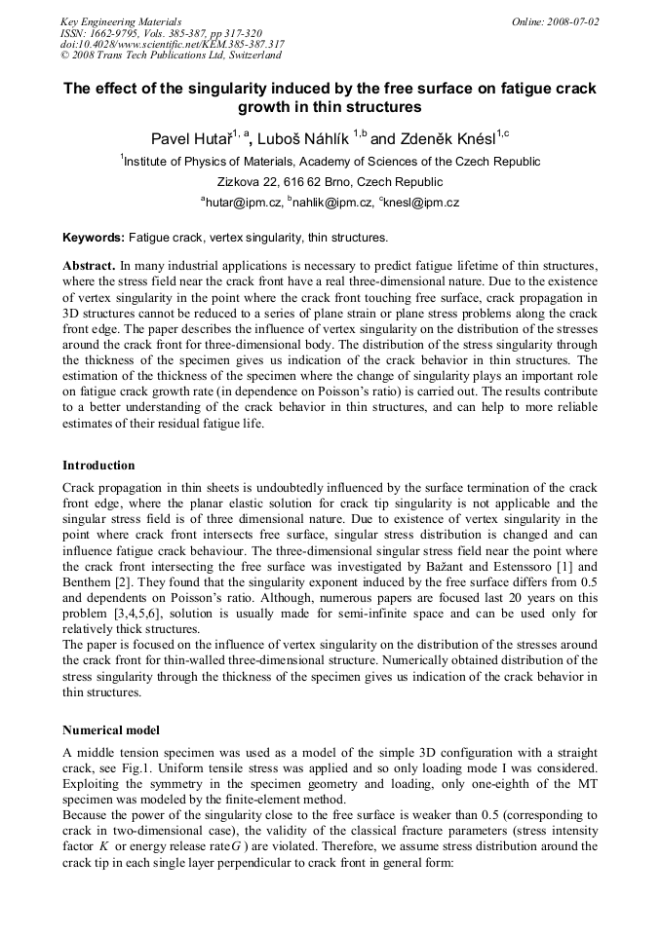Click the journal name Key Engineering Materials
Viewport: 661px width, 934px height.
pyautogui.click(x=121, y=21)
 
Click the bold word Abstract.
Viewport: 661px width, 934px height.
pyautogui.click(x=89, y=266)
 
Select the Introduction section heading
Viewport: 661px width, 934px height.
pyautogui.click(x=98, y=466)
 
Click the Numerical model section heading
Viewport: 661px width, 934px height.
pyautogui.click(x=112, y=729)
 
